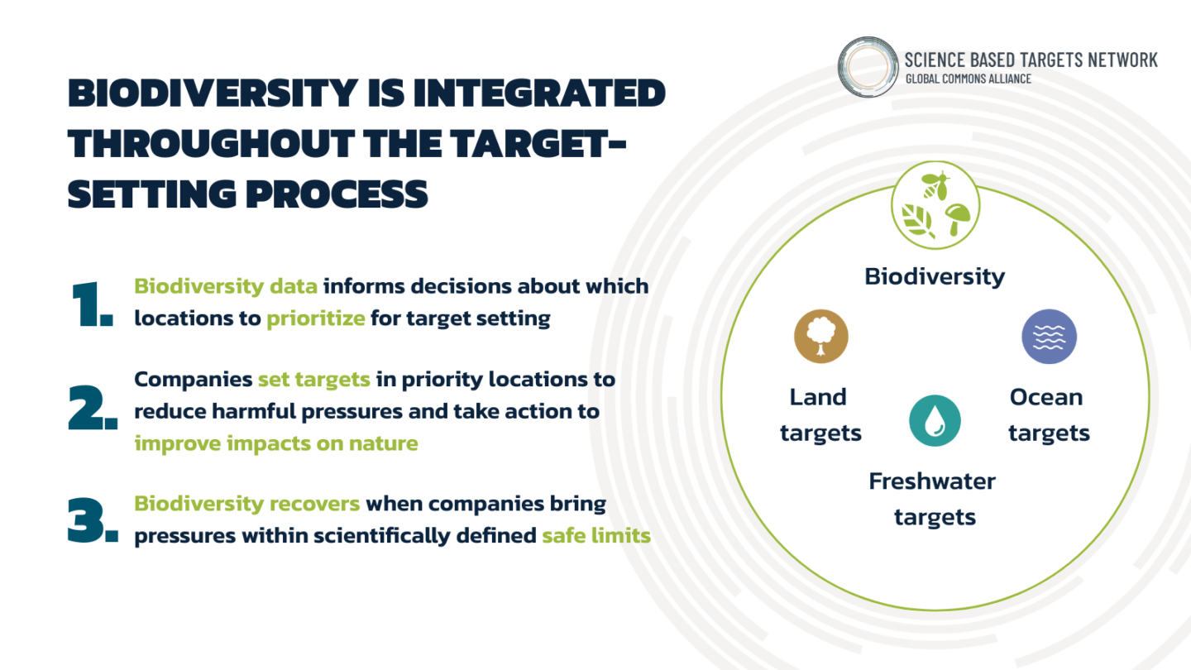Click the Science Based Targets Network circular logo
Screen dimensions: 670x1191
click(868, 66)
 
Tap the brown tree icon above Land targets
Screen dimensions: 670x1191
click(820, 337)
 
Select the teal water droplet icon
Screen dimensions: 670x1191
click(935, 421)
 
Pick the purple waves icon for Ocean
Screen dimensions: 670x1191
click(1049, 337)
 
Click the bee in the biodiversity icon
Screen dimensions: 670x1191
click(935, 185)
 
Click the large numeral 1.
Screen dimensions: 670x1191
click(90, 304)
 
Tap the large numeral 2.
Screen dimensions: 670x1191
click(92, 409)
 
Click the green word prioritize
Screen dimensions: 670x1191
click(315, 318)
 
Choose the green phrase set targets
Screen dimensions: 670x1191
click(313, 380)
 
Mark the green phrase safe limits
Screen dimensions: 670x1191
click(595, 536)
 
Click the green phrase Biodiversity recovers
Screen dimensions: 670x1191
click(246, 504)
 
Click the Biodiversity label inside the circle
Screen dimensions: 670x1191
click(935, 276)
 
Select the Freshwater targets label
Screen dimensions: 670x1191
click(933, 499)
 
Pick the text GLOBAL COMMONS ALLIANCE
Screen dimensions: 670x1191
click(968, 79)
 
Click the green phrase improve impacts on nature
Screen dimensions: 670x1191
click(275, 443)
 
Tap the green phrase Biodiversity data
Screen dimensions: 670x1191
click(225, 286)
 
